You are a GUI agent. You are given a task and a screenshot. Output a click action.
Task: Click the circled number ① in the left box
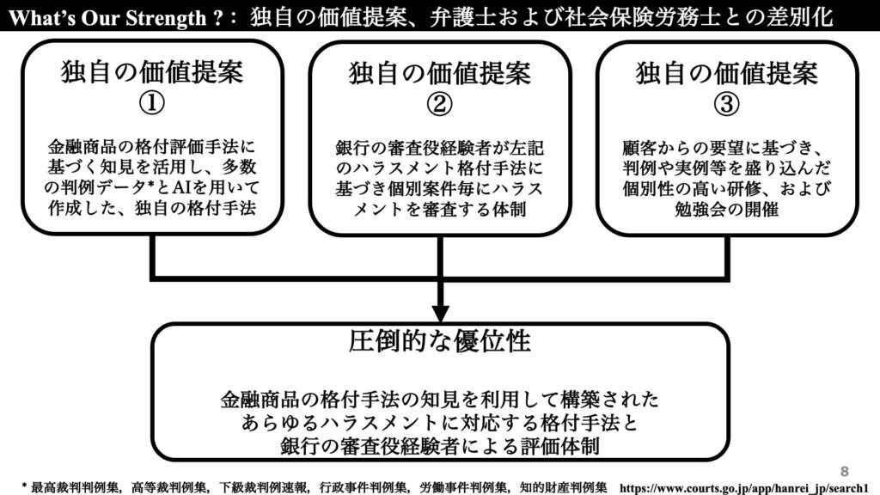coord(151,103)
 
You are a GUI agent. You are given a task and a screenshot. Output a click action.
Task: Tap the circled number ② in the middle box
coord(439,104)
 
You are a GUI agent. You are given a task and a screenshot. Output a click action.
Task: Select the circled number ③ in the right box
coord(726,104)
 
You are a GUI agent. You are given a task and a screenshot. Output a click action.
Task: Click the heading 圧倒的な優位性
coord(439,340)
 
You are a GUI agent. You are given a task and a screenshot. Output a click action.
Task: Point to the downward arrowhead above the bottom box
coord(440,313)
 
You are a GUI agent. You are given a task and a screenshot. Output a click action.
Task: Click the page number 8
coord(845,472)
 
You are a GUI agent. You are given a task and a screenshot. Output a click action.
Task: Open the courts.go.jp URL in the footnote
coord(743,488)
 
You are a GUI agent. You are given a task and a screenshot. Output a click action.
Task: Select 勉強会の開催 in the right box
coord(726,209)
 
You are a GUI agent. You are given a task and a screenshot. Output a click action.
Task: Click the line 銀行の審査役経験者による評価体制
coord(440,446)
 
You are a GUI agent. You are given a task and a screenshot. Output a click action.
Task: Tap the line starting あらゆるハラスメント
coord(440,423)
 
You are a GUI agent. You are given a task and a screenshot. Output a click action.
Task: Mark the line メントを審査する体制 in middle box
coord(439,210)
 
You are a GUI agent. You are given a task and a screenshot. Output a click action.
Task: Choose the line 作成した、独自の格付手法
coord(151,208)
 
